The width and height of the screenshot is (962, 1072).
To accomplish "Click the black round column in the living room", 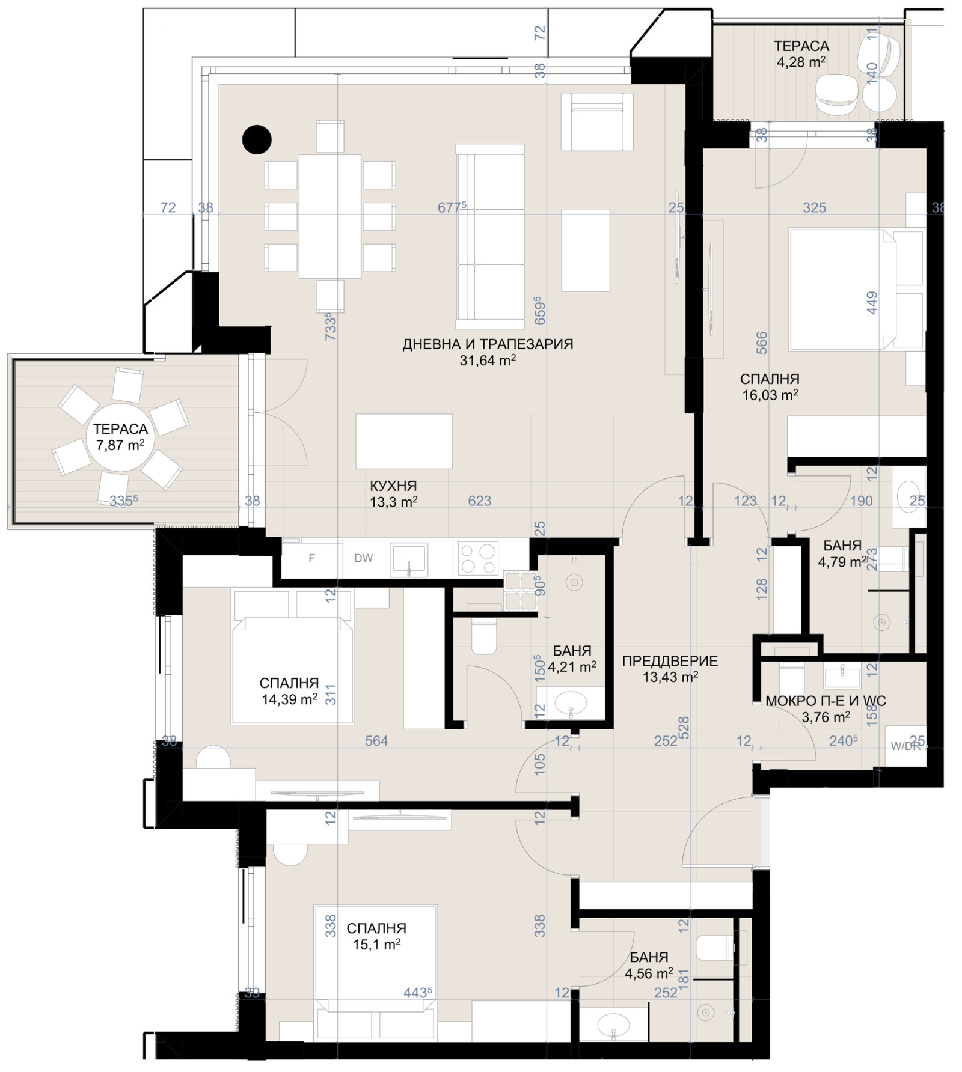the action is tap(257, 139).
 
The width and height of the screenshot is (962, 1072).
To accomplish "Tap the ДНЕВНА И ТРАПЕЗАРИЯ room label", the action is tap(488, 344).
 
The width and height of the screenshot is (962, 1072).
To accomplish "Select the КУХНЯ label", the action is tap(393, 486).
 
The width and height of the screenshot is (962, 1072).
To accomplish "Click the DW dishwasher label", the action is tap(363, 558).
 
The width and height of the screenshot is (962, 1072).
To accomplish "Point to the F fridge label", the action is tap(311, 558).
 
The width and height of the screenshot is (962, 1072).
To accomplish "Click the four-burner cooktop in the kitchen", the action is tap(478, 558).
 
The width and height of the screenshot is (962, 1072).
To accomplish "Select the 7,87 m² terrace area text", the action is tap(120, 445).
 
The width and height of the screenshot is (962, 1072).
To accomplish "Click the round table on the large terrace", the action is tap(120, 437).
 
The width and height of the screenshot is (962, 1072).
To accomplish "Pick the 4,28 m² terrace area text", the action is tap(801, 61).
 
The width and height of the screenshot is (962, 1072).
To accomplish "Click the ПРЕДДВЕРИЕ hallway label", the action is tap(670, 661).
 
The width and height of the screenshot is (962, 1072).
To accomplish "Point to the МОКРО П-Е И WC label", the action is tap(826, 701).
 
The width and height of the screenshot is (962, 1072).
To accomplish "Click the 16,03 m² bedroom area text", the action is tap(770, 395).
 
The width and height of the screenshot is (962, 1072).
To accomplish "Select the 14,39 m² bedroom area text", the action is tap(289, 699).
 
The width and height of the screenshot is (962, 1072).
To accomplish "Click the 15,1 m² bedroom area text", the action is tap(376, 944).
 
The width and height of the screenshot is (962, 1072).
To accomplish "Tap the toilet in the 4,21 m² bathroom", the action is tap(484, 636).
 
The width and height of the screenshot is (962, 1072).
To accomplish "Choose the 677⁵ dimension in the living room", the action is tap(452, 207).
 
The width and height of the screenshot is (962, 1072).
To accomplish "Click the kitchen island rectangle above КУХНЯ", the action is tap(404, 441).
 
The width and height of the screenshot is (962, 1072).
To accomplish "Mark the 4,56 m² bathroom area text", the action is tap(649, 973).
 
